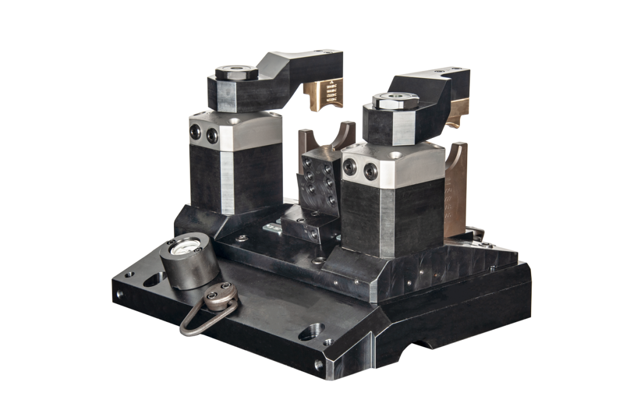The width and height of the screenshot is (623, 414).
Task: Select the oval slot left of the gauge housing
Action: click(x=151, y=280)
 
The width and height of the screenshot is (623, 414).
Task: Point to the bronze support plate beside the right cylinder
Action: click(x=456, y=195)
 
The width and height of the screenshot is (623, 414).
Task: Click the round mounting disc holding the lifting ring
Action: click(x=220, y=294)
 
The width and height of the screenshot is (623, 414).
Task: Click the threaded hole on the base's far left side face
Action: click(x=120, y=294)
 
